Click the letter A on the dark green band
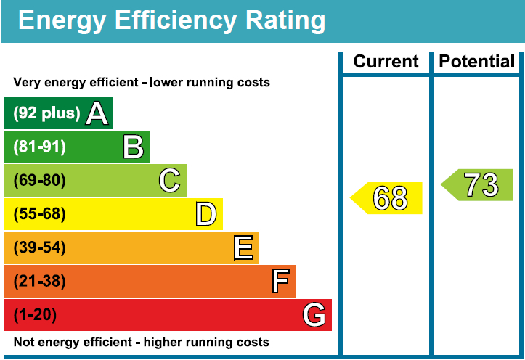click(97, 113)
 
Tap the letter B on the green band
click(133, 147)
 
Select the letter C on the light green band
click(169, 181)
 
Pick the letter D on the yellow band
click(206, 214)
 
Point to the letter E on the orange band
click(243, 248)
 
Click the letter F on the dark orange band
click(280, 282)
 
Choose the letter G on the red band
click(314, 315)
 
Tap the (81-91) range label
click(39, 147)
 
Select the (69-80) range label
click(39, 181)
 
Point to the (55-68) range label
click(39, 214)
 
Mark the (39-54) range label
click(39, 248)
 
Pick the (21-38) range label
click(39, 282)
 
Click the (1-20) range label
click(35, 315)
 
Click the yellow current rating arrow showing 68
click(388, 198)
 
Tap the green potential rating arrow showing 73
click(479, 185)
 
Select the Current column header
click(386, 62)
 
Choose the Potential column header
click(477, 62)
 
